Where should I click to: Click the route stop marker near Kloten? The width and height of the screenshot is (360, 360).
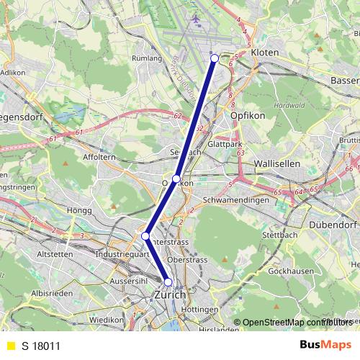click(215, 58)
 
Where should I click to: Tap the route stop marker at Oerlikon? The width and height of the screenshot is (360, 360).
click(176, 179)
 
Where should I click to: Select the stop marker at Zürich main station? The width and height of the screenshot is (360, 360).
click(168, 282)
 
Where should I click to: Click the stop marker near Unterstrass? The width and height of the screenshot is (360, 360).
click(145, 235)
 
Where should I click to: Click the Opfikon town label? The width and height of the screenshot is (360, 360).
click(248, 115)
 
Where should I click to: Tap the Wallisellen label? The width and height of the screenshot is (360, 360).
click(277, 164)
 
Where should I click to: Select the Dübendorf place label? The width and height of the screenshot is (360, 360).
click(333, 225)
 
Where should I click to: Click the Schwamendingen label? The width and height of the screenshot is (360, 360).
click(235, 200)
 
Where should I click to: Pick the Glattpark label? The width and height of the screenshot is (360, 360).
click(225, 144)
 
